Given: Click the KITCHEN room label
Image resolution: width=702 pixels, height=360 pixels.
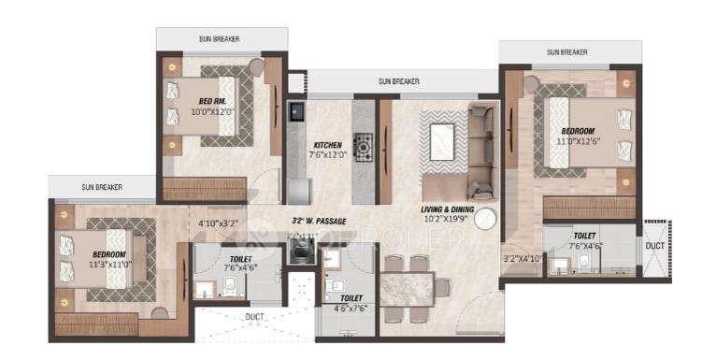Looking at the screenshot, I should (x=326, y=145).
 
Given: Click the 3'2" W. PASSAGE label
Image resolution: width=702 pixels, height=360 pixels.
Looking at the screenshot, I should (x=319, y=222).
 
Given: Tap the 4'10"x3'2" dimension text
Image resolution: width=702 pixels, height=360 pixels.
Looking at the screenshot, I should (x=219, y=223).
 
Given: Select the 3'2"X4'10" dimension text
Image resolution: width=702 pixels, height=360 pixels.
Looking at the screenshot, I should (x=523, y=259).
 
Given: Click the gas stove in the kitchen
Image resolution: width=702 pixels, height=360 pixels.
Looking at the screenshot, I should (x=363, y=145).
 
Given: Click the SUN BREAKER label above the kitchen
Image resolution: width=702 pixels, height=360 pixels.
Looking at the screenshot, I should (x=398, y=81).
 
